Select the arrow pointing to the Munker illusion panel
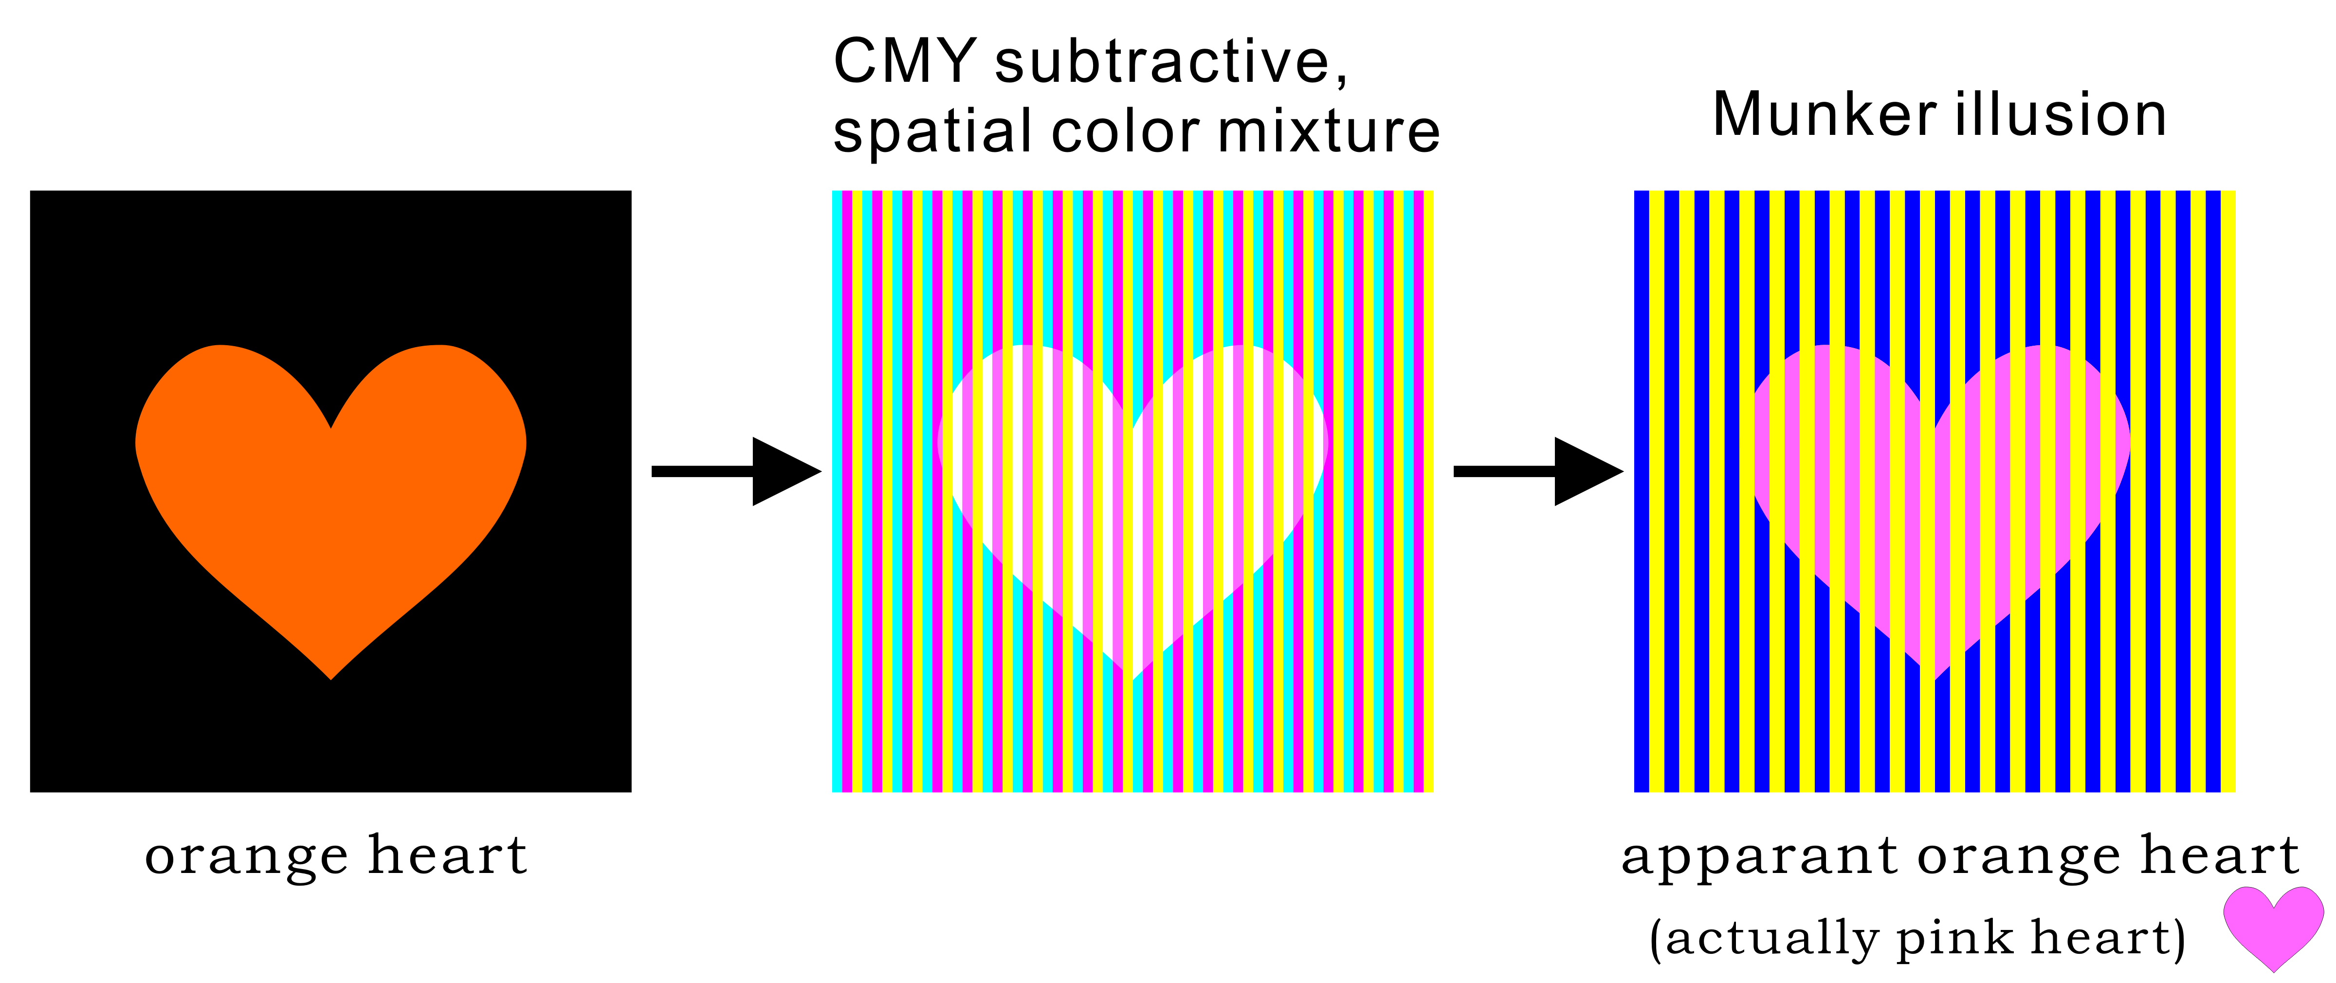click(x=1538, y=472)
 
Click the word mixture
click(x=1330, y=131)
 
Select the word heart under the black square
click(x=448, y=854)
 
